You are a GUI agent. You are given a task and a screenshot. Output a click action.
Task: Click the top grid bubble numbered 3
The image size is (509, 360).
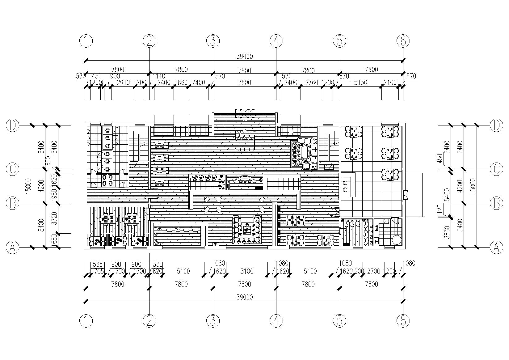(212, 40)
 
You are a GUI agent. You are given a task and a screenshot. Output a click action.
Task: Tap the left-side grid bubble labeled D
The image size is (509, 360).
(13, 125)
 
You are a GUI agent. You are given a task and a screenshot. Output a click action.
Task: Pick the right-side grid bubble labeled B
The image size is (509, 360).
(496, 203)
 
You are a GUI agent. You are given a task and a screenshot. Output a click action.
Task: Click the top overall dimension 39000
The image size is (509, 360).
(245, 56)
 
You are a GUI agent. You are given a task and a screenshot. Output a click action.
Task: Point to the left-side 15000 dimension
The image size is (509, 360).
(28, 186)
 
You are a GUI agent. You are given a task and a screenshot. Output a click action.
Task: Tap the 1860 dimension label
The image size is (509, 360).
(181, 83)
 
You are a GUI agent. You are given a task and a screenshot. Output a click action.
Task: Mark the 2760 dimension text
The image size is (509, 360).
(312, 83)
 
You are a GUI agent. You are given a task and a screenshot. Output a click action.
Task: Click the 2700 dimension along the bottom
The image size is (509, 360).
(373, 272)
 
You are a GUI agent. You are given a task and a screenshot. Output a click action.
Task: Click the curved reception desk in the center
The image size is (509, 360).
(244, 180)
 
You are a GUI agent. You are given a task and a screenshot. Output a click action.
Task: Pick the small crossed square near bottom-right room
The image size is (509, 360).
(386, 221)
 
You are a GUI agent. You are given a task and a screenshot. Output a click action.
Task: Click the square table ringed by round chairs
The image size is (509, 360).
(247, 229)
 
